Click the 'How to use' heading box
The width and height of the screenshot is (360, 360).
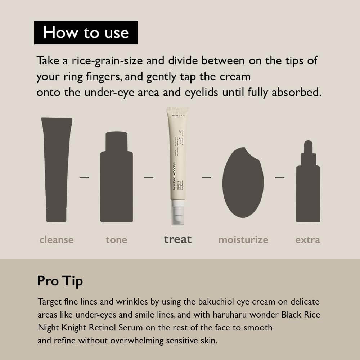tap(86, 32)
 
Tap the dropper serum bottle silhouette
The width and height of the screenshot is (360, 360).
tap(308, 187)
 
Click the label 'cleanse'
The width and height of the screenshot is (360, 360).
tap(57, 240)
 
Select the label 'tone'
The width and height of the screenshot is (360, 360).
tap(116, 240)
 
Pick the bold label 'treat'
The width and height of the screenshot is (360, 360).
tap(178, 239)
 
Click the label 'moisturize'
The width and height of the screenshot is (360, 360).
tap(243, 240)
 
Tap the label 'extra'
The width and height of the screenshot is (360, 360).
tap(307, 240)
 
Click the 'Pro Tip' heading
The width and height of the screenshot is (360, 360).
tap(60, 281)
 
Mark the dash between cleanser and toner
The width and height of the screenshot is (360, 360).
tap(84, 177)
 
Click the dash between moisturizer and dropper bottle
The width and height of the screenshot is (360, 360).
tap(280, 177)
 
